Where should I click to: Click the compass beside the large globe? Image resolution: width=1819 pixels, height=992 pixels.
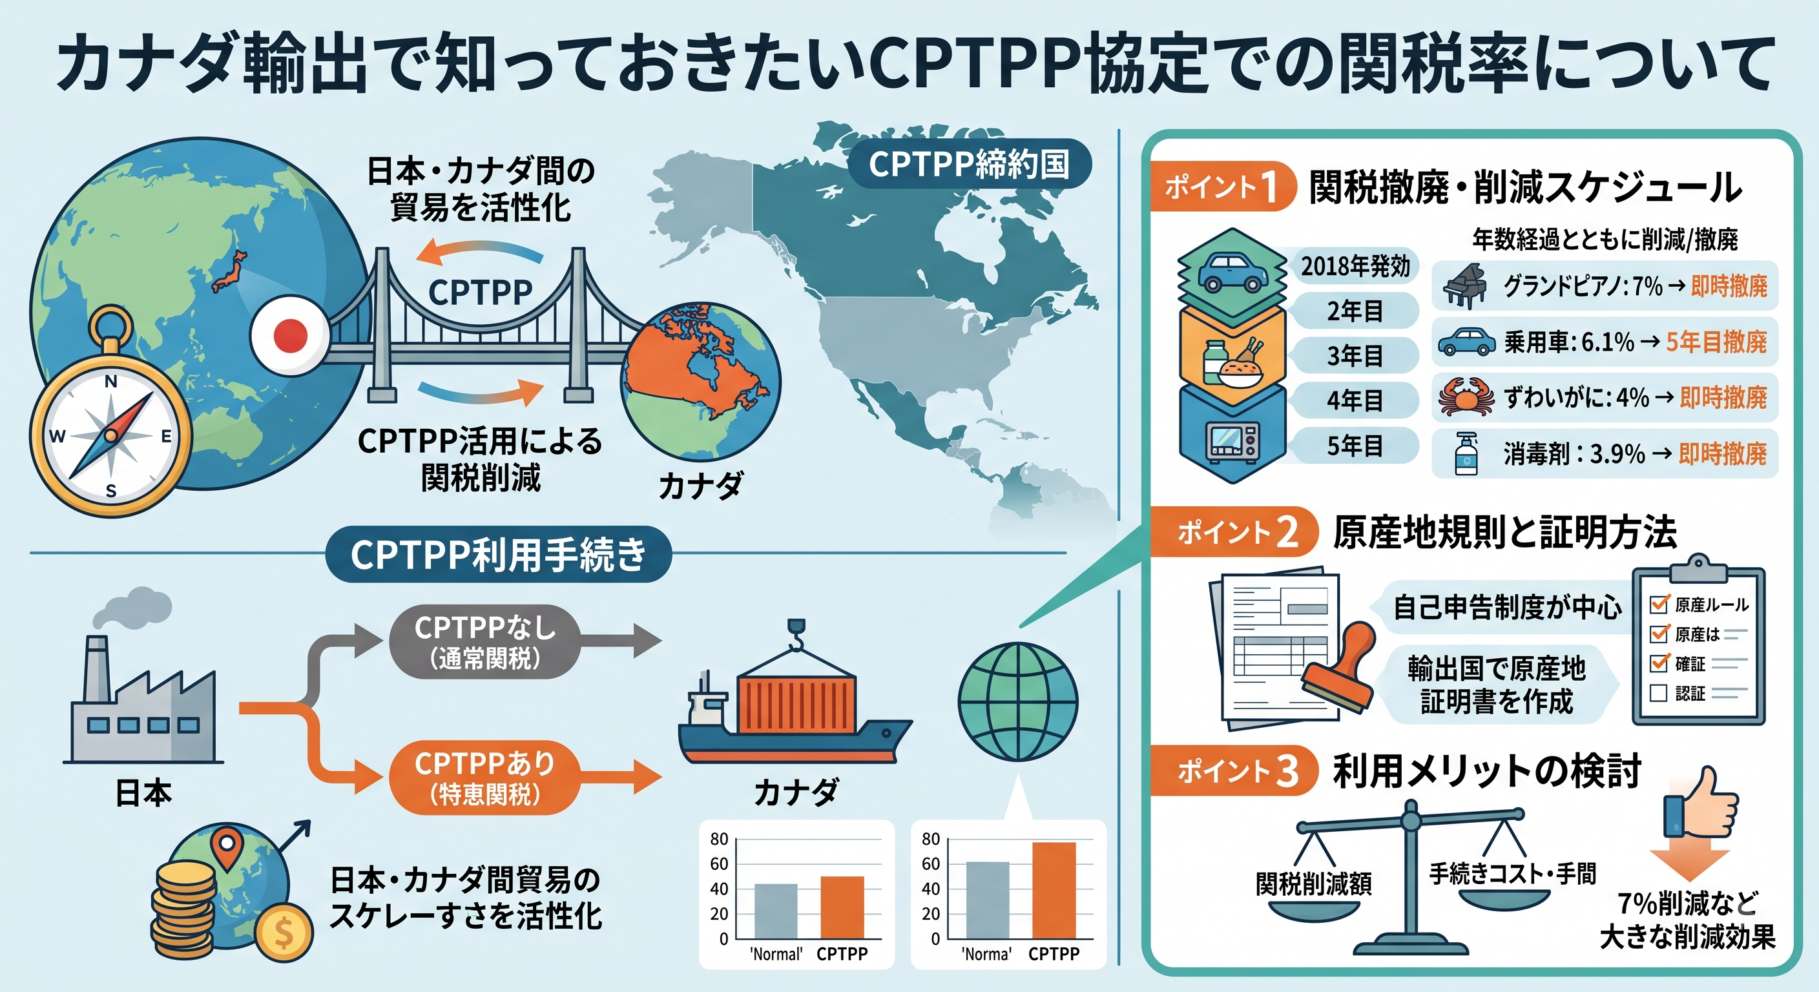pyautogui.click(x=110, y=417)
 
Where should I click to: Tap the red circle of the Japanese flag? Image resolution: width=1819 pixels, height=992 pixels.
pyautogui.click(x=290, y=335)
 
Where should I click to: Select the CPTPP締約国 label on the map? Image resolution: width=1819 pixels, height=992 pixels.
pyautogui.click(x=969, y=164)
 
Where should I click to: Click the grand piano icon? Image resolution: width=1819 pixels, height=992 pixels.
pyautogui.click(x=1464, y=286)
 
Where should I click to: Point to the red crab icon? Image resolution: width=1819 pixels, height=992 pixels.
pyautogui.click(x=1466, y=397)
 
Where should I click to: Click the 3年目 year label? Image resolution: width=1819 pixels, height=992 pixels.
pyautogui.click(x=1355, y=355)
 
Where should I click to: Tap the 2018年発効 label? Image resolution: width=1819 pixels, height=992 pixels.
pyautogui.click(x=1355, y=266)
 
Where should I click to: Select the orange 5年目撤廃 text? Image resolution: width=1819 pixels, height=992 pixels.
pyautogui.click(x=1716, y=342)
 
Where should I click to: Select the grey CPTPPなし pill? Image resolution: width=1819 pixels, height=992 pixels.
pyautogui.click(x=484, y=642)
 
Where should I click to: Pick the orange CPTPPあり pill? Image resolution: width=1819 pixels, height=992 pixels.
pyautogui.click(x=484, y=778)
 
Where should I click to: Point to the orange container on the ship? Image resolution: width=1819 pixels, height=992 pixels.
pyautogui.click(x=796, y=703)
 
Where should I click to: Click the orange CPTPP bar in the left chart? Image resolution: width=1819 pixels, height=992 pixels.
pyautogui.click(x=842, y=907)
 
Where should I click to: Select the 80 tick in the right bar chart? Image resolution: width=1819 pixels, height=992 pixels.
pyautogui.click(x=931, y=839)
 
